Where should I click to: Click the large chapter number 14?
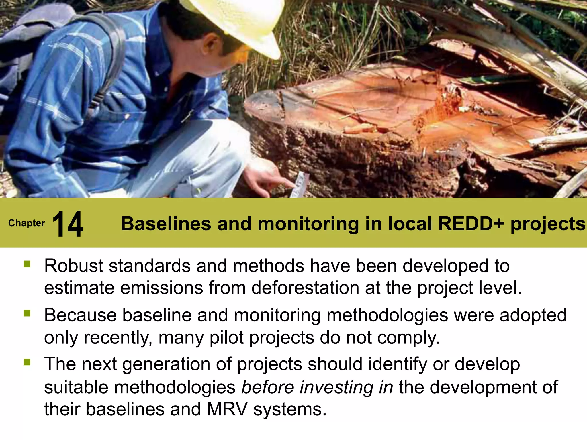[68, 224]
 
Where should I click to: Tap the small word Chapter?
[27, 223]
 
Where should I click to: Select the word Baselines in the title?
[166, 224]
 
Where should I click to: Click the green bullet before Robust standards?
[27, 264]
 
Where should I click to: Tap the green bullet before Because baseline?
[27, 313]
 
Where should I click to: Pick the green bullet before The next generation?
[27, 362]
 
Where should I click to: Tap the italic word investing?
[337, 387]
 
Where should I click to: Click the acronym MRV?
[227, 409]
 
